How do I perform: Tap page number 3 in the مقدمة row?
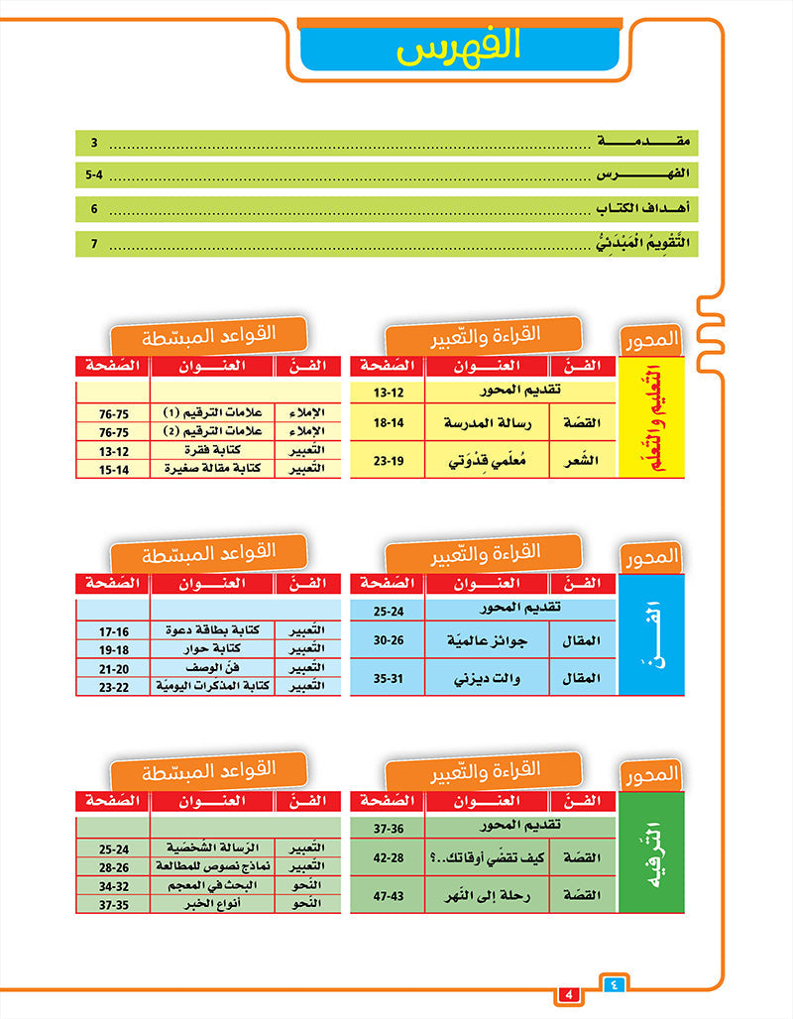(x=94, y=142)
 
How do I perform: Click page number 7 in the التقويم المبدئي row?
(x=94, y=243)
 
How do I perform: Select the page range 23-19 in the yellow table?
(x=387, y=460)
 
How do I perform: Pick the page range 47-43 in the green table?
(x=387, y=895)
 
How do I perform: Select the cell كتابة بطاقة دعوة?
(x=211, y=630)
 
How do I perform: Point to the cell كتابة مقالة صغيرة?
(x=211, y=468)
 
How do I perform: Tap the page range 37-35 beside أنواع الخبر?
(x=113, y=903)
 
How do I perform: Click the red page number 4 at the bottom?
(x=568, y=994)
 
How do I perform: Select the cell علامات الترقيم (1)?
(x=211, y=411)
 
